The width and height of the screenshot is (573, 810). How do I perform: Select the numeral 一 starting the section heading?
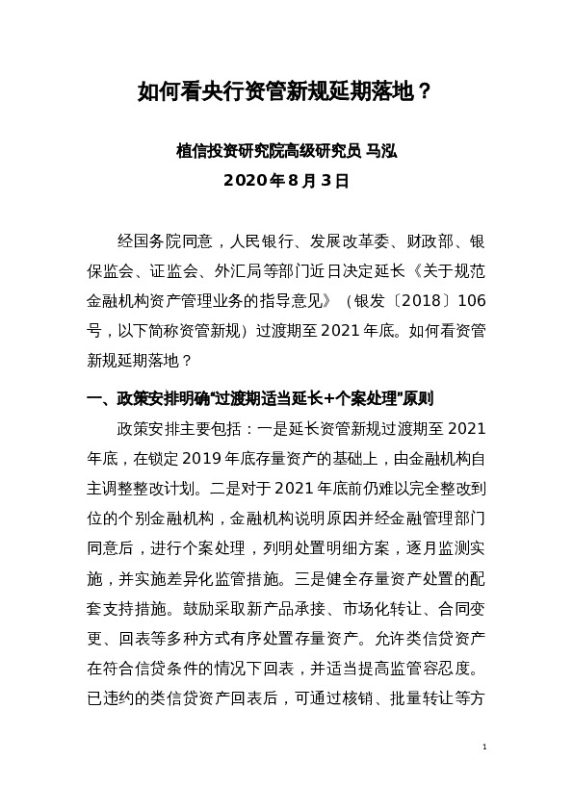[93, 396]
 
